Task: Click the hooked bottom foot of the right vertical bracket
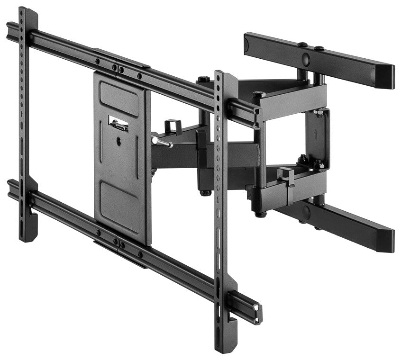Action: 231,336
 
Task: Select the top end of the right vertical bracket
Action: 226,77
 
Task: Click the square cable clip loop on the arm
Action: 173,126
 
